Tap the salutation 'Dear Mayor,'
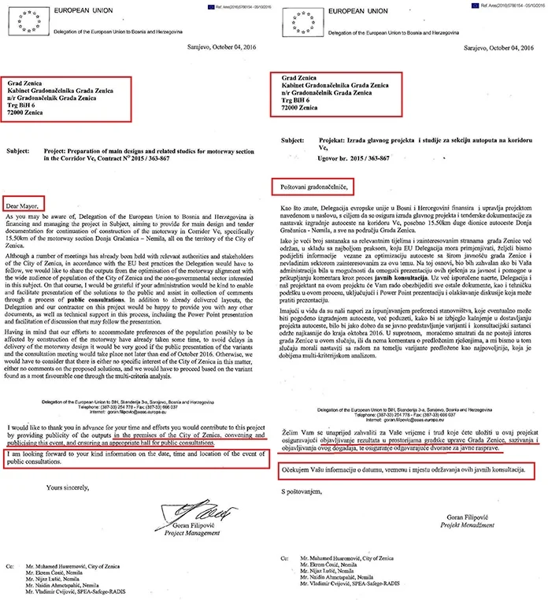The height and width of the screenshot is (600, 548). click(27, 199)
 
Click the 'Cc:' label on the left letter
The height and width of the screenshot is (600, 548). click(9, 565)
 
